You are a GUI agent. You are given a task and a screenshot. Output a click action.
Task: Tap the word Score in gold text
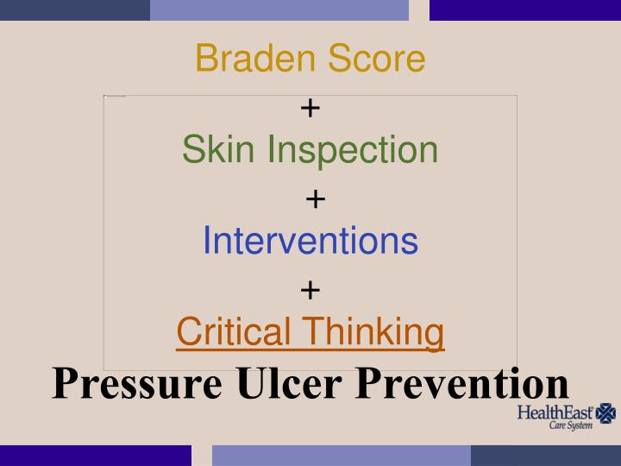(374, 59)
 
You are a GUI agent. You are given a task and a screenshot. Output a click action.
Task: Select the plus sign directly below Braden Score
(310, 108)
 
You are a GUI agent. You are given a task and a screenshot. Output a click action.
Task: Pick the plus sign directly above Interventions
(315, 199)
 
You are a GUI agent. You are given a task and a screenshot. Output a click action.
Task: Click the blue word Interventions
(310, 241)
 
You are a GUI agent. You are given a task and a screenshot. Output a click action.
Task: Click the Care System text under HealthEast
(571, 426)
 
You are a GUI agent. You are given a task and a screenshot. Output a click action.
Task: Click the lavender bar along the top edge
(279, 9)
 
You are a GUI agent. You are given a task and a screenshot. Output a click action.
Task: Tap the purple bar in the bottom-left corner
(95, 456)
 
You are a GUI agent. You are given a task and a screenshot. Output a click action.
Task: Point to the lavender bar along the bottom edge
(342, 456)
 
